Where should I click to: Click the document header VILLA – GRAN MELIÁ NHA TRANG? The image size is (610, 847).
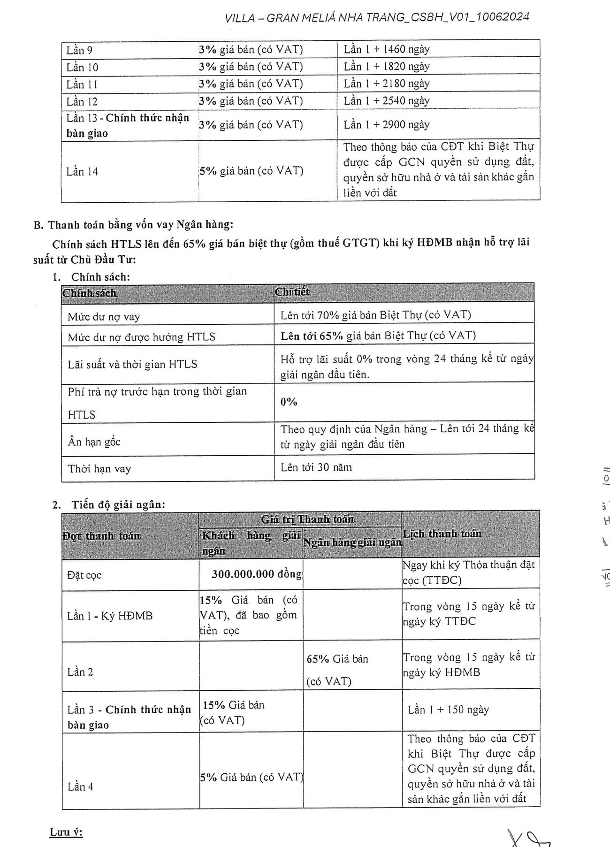(377, 18)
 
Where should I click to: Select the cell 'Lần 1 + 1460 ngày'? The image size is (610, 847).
(387, 49)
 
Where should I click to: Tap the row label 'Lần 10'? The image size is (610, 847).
(83, 67)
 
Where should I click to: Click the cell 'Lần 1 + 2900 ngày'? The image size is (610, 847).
(387, 124)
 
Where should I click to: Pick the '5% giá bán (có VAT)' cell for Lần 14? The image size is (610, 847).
(252, 171)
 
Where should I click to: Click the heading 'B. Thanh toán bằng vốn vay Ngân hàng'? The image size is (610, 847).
(133, 225)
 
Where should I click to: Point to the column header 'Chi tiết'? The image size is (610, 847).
(292, 292)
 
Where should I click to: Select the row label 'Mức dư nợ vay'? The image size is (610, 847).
(104, 317)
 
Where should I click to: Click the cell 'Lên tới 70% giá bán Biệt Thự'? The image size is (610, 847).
(375, 315)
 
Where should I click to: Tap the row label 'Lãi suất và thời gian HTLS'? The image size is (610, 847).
(132, 364)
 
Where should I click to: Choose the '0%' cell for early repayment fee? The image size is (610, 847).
(289, 402)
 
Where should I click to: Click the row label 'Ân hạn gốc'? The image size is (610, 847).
(94, 442)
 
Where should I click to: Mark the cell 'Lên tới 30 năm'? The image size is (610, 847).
(316, 467)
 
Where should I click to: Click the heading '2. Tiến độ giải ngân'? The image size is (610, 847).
(109, 505)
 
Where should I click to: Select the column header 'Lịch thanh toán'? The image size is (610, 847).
(442, 534)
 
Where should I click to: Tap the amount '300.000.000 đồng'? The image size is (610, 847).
(256, 574)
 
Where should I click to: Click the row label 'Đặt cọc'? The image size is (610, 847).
(84, 575)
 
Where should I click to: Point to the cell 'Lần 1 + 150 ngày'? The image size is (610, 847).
(448, 710)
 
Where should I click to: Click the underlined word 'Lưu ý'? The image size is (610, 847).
(66, 832)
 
